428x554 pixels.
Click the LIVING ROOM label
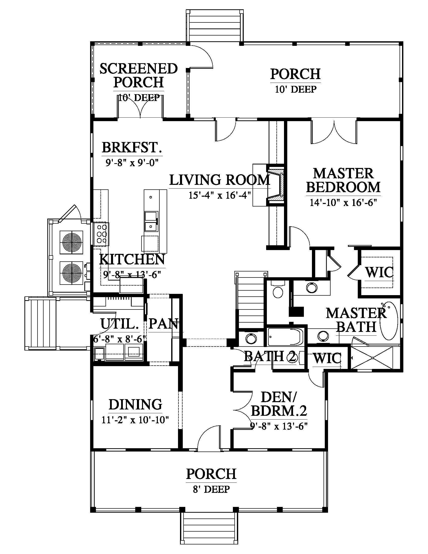click(220, 180)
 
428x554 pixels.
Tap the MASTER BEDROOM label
click(343, 180)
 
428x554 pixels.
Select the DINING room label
click(135, 404)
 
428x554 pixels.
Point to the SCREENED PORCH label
click(138, 75)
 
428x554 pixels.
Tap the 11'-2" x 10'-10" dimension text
click(135, 420)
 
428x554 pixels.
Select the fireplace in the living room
click(276, 186)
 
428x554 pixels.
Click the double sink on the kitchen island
click(151, 221)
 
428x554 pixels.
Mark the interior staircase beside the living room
click(250, 301)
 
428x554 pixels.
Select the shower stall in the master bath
click(372, 358)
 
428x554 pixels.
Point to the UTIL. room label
click(120, 324)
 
